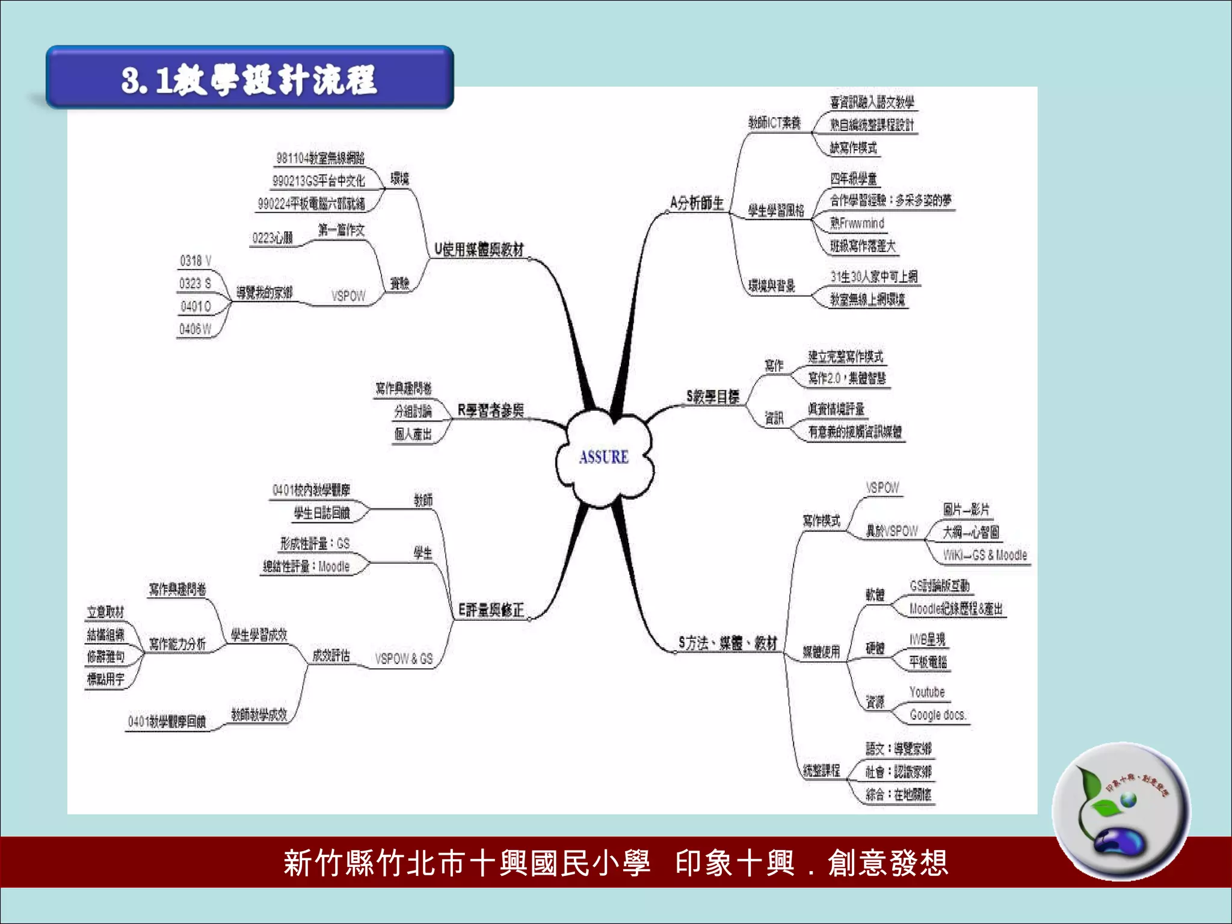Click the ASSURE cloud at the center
(604, 457)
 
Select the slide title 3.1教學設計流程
(249, 79)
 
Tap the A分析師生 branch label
(697, 203)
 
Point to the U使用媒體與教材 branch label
(479, 249)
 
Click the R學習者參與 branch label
(490, 410)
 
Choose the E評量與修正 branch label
(490, 610)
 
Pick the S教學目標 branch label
(712, 396)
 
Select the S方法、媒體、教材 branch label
(728, 643)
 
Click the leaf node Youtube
(927, 692)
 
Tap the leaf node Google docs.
(937, 715)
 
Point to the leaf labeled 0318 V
(196, 260)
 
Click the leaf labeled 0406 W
(195, 329)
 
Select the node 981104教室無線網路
(320, 158)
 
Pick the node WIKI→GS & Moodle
(985, 555)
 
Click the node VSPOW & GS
(404, 659)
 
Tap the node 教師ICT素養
(774, 123)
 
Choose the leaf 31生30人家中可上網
(873, 277)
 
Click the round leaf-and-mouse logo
(1121, 812)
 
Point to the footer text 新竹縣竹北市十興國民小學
(467, 863)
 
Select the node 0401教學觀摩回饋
(167, 721)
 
